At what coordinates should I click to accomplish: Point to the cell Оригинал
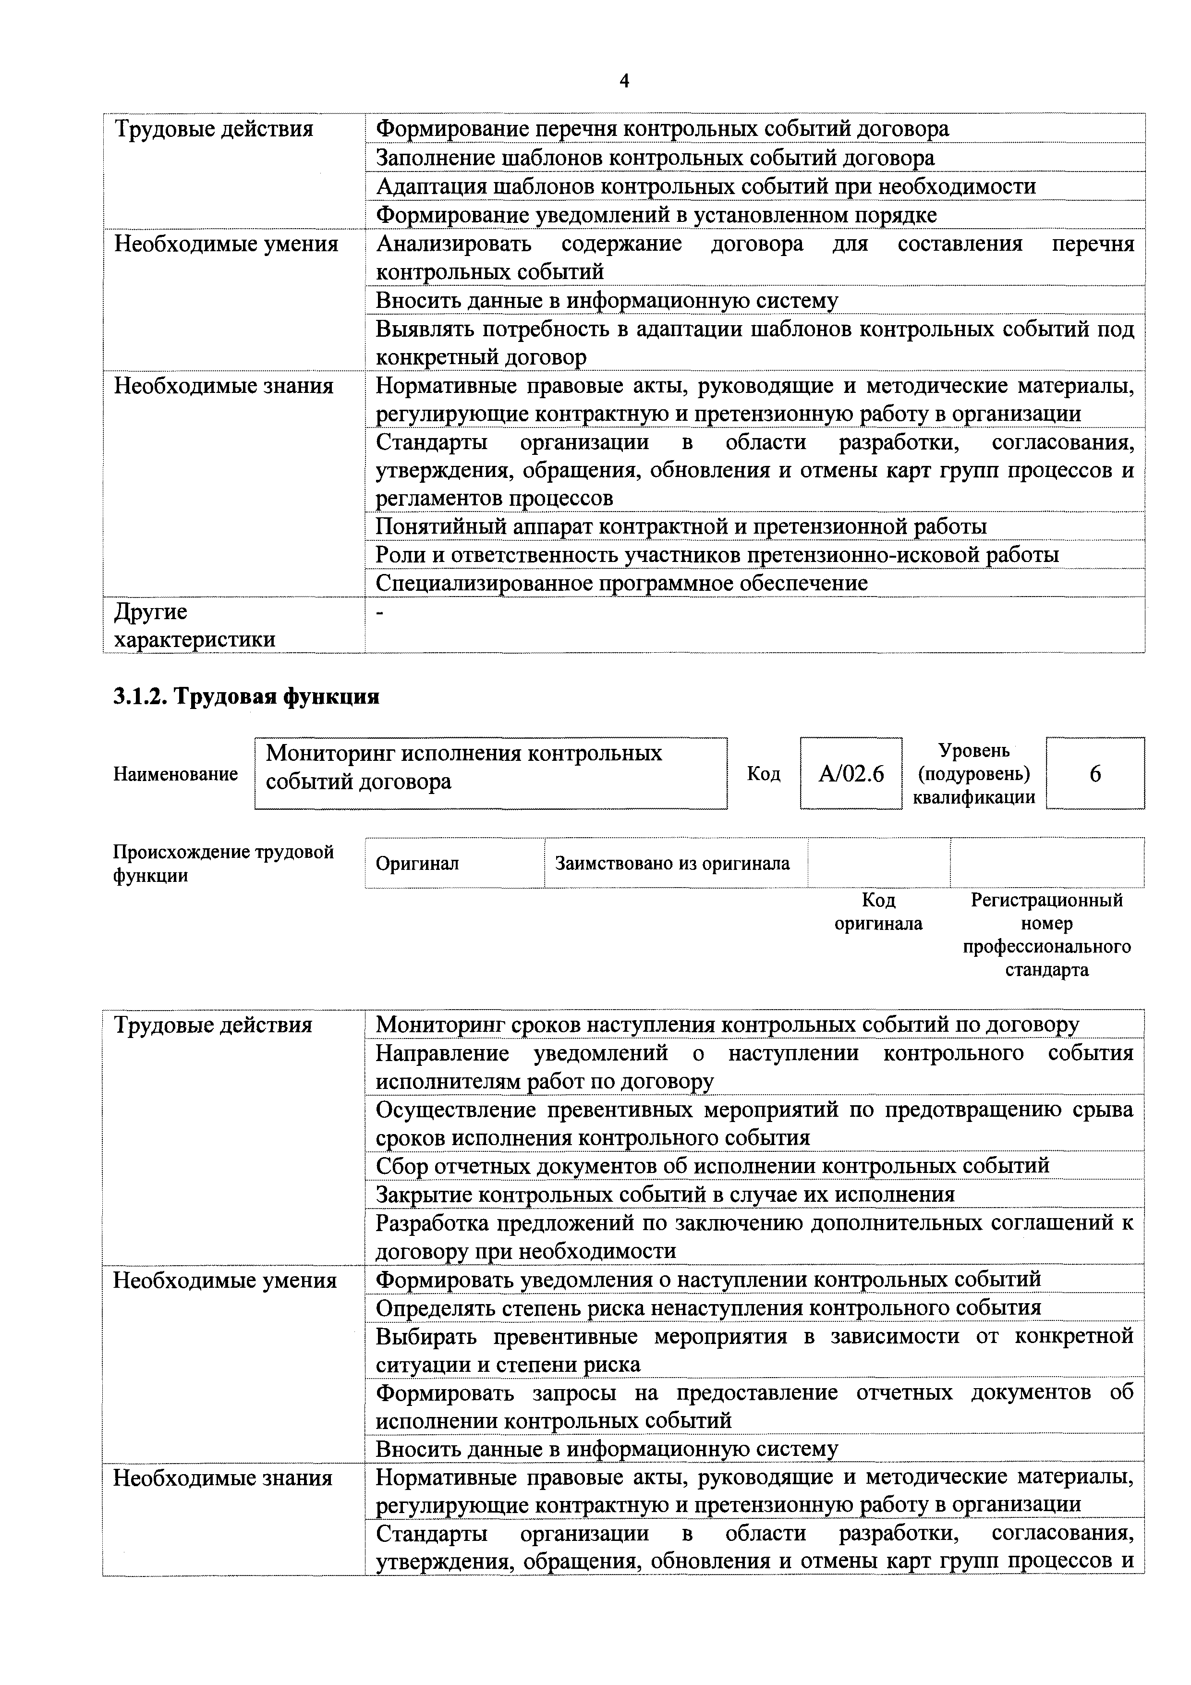417,864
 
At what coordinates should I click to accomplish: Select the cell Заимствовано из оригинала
672,864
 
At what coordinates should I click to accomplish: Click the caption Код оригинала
878,912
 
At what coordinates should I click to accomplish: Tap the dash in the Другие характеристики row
380,611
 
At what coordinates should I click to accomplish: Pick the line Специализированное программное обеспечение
621,584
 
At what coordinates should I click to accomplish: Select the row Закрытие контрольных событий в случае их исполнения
665,1195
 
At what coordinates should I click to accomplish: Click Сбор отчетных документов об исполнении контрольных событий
712,1166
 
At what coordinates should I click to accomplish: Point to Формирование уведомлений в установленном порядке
656,215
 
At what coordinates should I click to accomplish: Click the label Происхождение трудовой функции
223,864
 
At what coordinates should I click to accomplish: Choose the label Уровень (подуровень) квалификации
974,773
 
